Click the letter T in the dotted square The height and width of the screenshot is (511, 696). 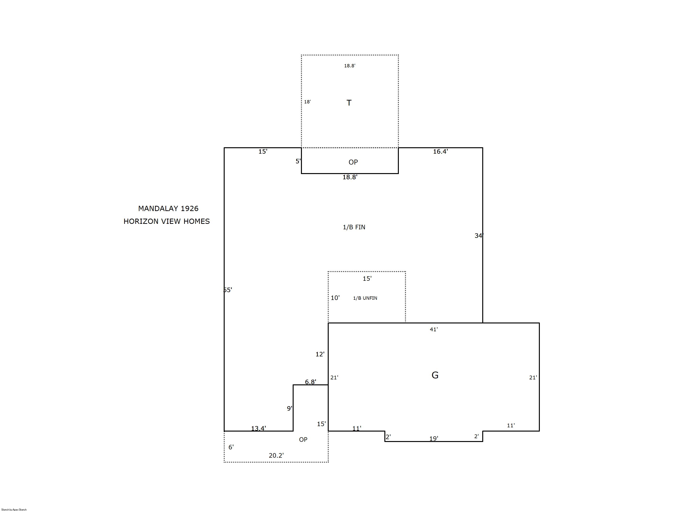coord(349,103)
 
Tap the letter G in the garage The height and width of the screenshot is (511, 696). coord(435,375)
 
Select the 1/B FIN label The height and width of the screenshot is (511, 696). coord(354,227)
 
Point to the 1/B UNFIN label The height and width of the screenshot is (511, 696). coord(365,298)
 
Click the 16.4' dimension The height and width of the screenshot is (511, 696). coord(440,151)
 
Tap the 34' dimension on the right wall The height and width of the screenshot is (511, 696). coord(479,236)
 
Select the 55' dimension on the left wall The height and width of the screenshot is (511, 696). coord(228,290)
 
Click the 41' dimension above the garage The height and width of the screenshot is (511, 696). coord(434,329)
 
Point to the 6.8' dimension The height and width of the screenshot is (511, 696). coord(310,382)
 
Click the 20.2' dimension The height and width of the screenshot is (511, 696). coord(276,455)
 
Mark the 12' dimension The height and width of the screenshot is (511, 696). coord(320,354)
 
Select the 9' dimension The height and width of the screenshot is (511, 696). coord(289,408)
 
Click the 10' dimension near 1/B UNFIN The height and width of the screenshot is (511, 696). coord(335,298)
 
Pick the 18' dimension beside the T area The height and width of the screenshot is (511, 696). coord(307,102)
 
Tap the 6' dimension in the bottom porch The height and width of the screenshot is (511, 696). coord(231,447)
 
